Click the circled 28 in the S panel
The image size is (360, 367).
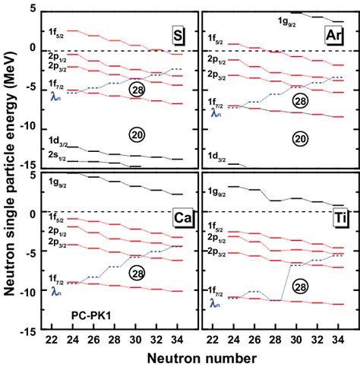coord(137,89)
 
